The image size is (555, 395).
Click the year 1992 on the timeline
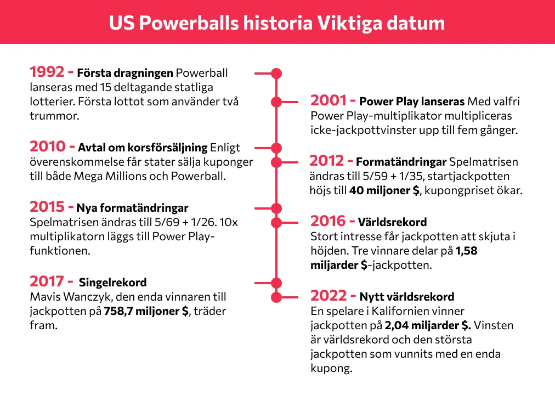click(48, 72)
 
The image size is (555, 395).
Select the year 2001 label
click(329, 101)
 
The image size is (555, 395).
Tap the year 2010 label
click(48, 146)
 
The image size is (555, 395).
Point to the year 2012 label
click(327, 161)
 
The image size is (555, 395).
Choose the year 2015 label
click(47, 207)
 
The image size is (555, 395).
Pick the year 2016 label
click(329, 221)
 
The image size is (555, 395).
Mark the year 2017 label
click(47, 281)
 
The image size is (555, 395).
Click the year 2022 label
click(329, 296)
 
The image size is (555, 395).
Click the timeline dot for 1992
click(276, 72)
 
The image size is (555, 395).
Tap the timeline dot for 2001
click(276, 101)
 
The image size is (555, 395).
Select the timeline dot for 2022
click(276, 297)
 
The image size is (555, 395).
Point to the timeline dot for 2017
click(276, 283)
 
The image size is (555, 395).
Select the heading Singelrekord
click(113, 283)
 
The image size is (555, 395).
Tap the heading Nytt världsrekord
click(406, 297)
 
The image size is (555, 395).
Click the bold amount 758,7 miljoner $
click(146, 311)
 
